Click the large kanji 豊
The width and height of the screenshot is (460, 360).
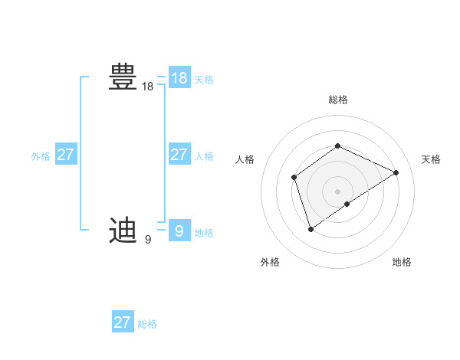point(123,77)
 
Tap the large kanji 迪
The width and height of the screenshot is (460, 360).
point(123,230)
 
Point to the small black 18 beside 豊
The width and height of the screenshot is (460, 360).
point(148,87)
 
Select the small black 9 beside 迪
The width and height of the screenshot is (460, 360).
point(147,240)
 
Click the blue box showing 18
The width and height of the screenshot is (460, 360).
point(179,78)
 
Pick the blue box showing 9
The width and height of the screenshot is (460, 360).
point(179,230)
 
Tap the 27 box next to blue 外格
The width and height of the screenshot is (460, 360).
point(65,155)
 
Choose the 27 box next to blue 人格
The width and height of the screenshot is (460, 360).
point(179,155)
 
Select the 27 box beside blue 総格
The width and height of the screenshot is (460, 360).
point(122,322)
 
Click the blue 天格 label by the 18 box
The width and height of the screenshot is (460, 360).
point(204,80)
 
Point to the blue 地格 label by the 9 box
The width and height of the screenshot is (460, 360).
point(204,233)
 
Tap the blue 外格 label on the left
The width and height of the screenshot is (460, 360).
point(41,156)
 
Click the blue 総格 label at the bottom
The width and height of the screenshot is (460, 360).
point(147,324)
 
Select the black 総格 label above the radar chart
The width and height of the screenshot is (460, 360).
point(337,100)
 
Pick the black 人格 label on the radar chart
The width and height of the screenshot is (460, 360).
point(245,159)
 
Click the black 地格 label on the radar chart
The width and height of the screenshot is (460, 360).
point(402,262)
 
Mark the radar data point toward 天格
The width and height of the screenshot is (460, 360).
point(396,172)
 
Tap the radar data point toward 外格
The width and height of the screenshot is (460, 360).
point(310,228)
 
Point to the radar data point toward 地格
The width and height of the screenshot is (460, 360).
point(347,204)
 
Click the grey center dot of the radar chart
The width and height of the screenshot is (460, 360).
point(337,191)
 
